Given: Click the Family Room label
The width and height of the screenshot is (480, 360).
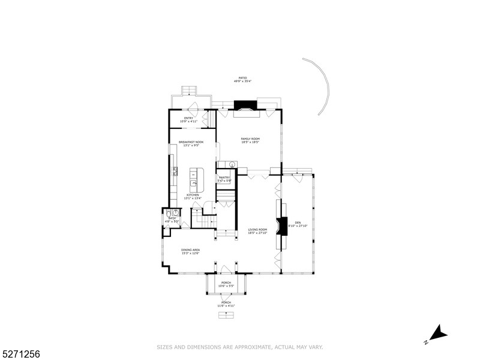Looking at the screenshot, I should [x=250, y=140].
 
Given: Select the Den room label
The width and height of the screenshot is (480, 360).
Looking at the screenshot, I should [x=298, y=224].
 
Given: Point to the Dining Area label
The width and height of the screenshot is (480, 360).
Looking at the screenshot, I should [x=190, y=251].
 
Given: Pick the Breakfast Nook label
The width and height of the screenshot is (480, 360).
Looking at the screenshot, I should [x=191, y=144].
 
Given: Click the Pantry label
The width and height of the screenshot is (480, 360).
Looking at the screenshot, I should [x=224, y=179].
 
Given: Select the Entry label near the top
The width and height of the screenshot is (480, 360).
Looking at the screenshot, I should [x=188, y=119].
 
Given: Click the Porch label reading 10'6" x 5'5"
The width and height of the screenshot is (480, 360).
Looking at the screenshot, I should [x=226, y=284].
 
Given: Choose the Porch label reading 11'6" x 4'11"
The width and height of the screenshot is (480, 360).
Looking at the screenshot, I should [x=226, y=304].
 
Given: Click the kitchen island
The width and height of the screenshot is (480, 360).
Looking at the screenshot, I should [x=196, y=178].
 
